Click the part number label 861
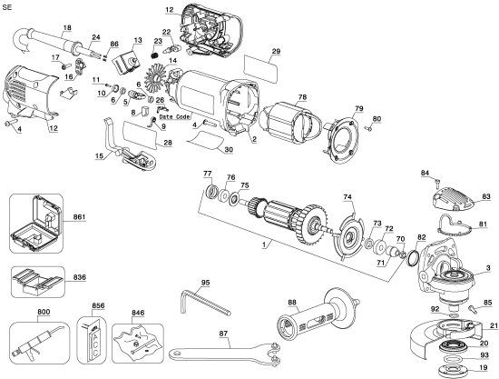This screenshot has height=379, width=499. (x=81, y=219)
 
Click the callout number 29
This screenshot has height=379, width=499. (x=275, y=52)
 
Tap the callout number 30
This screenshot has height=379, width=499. (x=229, y=150)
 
